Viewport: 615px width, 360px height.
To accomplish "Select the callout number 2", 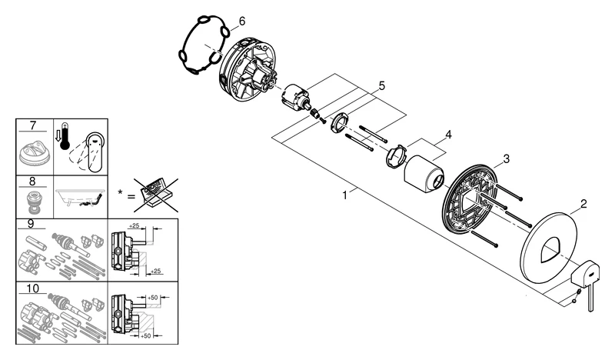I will point(583,204).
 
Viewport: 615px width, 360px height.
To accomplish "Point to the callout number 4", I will point(447,135).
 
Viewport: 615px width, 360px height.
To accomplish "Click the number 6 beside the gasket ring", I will point(241,21).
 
